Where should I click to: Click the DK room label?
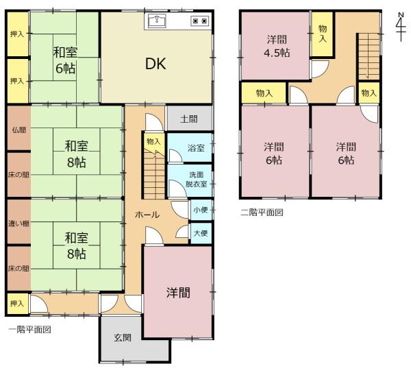(155, 64)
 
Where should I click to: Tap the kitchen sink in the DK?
(157, 21)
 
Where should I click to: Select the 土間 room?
(190, 119)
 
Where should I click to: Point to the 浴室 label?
(196, 148)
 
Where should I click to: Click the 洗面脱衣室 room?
(190, 180)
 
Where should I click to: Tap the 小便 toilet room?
(201, 210)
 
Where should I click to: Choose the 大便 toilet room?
(201, 233)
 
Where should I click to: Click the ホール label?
(147, 215)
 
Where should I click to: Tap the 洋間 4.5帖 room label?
(277, 46)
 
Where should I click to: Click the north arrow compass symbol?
(401, 27)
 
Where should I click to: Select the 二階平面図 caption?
(262, 212)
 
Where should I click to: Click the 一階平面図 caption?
(29, 329)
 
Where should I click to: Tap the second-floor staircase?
(369, 56)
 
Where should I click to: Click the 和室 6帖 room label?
(65, 60)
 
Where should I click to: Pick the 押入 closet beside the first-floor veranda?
(17, 304)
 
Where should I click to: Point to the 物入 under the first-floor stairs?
(153, 142)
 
